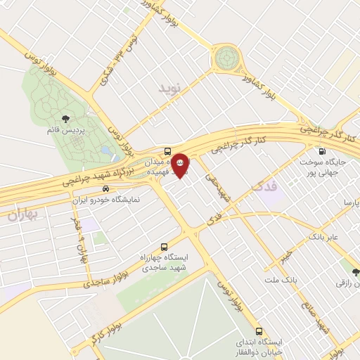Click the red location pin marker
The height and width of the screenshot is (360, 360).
(181, 165)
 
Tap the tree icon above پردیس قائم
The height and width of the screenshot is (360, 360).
(65, 119)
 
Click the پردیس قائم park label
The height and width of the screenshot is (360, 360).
(65, 131)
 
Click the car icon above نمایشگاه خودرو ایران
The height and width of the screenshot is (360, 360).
(105, 188)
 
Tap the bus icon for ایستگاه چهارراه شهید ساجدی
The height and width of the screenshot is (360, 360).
(164, 247)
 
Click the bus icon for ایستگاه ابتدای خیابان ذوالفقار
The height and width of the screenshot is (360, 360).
(259, 330)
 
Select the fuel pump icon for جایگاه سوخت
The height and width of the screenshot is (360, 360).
(322, 151)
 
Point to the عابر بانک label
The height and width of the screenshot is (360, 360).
(323, 237)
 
